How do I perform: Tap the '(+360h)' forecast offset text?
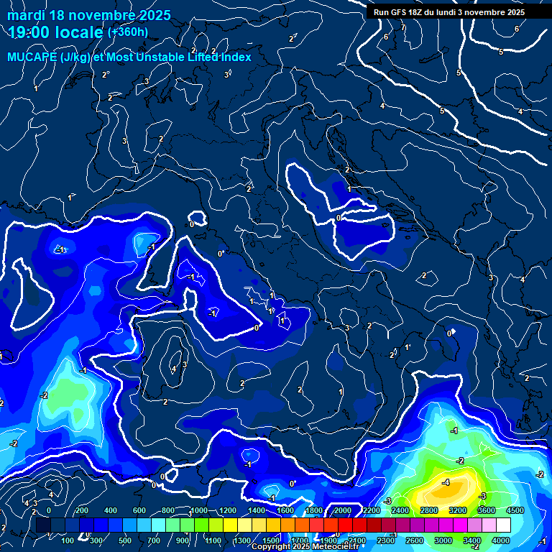pos(128,32)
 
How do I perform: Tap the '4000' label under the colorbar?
pos(501,540)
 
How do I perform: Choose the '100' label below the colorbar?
pos(68,540)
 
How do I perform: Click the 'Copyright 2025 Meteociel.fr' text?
pos(305,547)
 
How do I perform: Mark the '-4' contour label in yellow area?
pos(446,482)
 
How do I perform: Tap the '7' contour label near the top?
pos(403,28)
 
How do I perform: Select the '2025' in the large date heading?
pos(153,15)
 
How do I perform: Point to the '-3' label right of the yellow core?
pos(482,496)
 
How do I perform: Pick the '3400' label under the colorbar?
pos(472,540)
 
